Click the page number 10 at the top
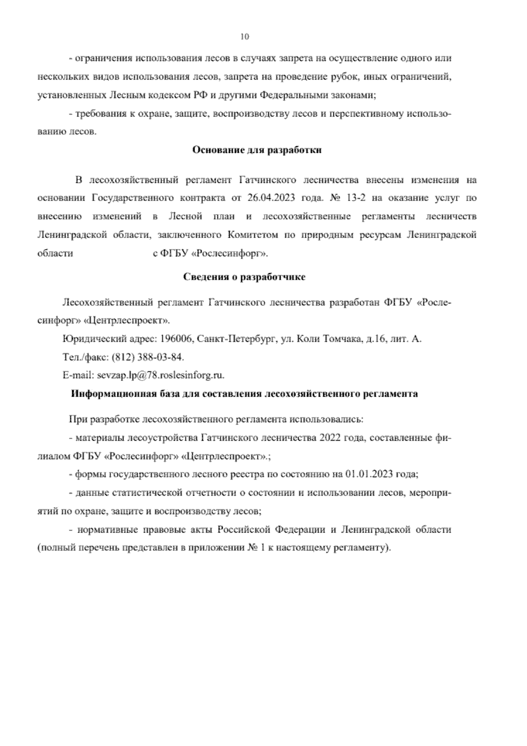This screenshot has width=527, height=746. click(245, 37)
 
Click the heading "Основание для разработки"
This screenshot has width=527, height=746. click(257, 150)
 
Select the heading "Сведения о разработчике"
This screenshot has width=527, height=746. click(244, 277)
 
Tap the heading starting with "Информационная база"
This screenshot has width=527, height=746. click(245, 394)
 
